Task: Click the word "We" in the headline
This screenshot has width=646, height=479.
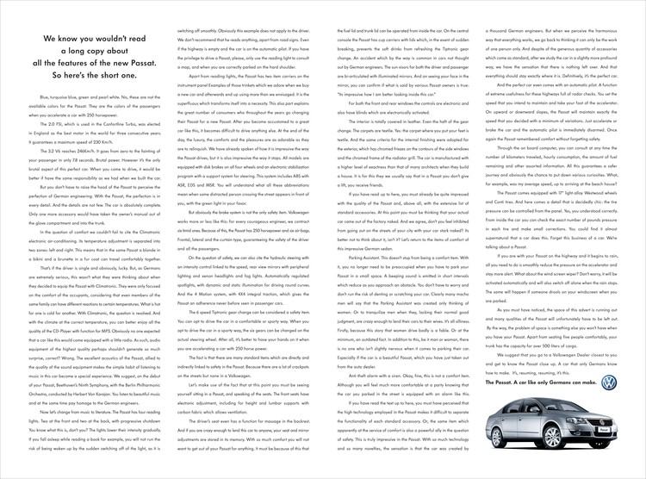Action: [x=48, y=40]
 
